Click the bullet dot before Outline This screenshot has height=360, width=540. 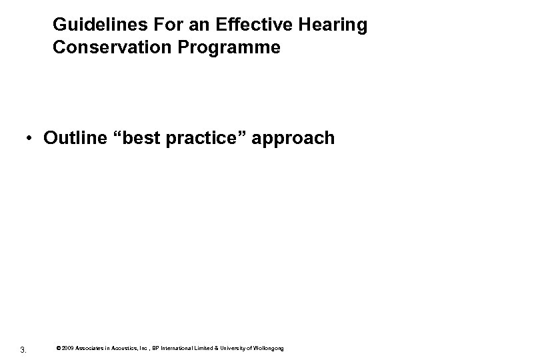[30, 138]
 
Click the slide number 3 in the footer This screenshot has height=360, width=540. [23, 349]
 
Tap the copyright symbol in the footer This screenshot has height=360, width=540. [59, 348]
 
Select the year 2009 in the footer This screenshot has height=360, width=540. [69, 348]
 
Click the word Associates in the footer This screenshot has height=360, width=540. [91, 348]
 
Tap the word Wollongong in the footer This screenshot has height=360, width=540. [269, 348]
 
